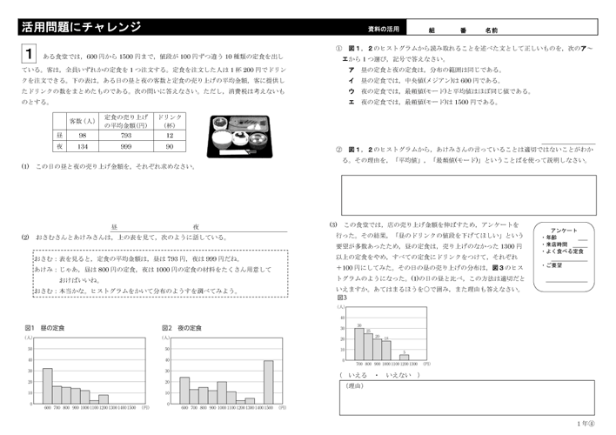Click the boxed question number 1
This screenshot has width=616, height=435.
tap(30, 54)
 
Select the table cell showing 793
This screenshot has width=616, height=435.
tap(126, 136)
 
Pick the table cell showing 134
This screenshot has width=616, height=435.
tap(82, 147)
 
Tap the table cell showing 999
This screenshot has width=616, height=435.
tap(126, 147)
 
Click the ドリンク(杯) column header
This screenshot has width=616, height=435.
tap(171, 120)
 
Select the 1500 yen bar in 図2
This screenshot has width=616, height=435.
tap(269, 382)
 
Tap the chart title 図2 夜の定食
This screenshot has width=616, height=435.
tap(182, 328)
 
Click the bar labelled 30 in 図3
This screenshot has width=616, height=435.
tap(358, 343)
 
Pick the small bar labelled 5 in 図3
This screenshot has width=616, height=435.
tap(404, 356)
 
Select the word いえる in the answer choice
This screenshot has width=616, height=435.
tap(358, 375)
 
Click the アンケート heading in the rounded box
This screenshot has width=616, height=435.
tap(565, 230)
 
